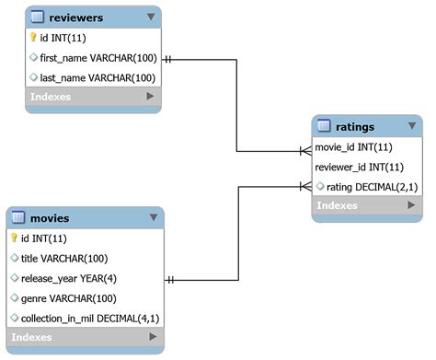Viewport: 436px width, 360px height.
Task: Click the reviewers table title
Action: (x=77, y=17)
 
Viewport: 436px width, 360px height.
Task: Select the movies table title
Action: (x=50, y=218)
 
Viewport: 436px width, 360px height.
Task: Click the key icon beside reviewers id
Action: (x=34, y=38)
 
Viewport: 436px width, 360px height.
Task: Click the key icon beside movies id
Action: (x=15, y=238)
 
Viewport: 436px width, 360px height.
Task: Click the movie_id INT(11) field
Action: (x=353, y=147)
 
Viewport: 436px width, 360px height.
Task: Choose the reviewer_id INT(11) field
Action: (x=359, y=167)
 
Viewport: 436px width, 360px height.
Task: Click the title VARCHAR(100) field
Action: (x=64, y=259)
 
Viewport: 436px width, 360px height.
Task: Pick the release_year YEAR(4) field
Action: (x=74, y=278)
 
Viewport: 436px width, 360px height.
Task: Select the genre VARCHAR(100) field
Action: (x=68, y=298)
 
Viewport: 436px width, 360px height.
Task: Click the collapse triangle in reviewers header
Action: (x=151, y=17)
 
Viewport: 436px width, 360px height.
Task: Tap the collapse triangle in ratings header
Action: (x=413, y=126)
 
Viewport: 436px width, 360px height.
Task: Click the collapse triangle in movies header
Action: (x=154, y=218)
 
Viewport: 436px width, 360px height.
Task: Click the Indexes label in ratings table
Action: (x=337, y=205)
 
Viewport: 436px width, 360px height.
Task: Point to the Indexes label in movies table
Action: (x=32, y=338)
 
